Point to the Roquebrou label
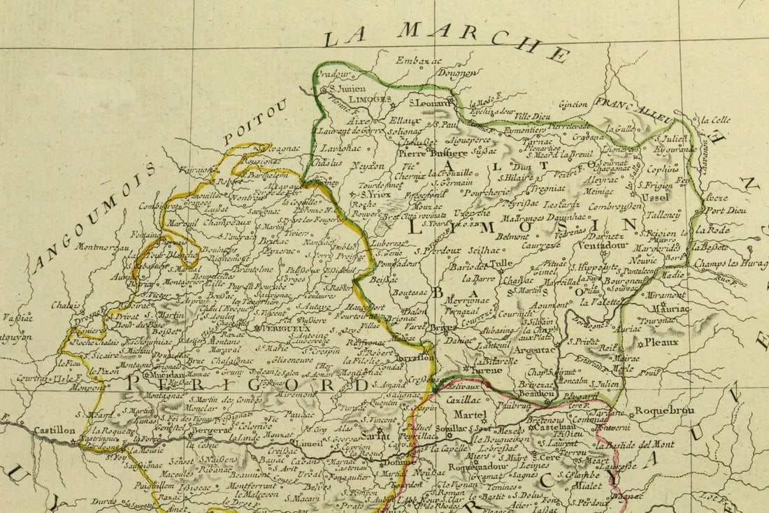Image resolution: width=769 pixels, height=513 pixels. [664, 411]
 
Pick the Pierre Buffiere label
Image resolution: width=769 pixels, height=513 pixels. [433, 153]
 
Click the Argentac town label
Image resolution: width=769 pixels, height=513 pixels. [535, 349]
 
